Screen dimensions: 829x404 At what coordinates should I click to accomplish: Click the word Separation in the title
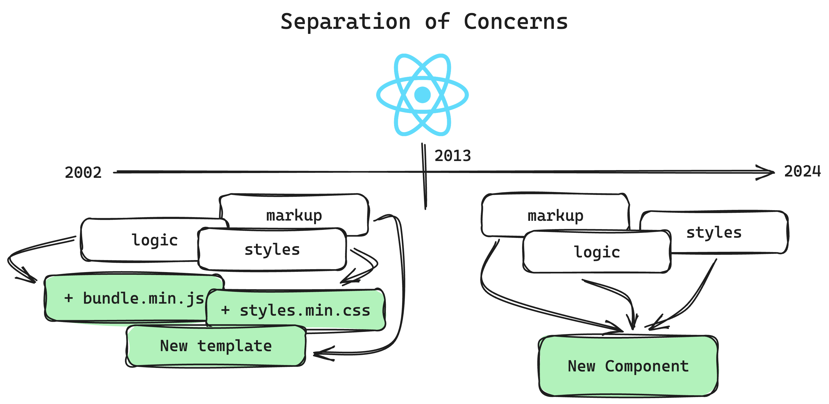(346, 22)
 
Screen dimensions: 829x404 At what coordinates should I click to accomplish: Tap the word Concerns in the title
(516, 22)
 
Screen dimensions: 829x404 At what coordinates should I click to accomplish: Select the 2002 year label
(83, 173)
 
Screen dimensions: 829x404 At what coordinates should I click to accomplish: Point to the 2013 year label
(453, 156)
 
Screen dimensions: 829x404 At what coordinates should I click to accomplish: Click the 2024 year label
(802, 171)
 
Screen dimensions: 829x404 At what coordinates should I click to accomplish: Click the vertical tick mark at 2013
(424, 176)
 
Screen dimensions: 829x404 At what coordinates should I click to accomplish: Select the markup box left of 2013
(294, 215)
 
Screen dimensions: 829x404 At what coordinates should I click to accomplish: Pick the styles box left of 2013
(272, 249)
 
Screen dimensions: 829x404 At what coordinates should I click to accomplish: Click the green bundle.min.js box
(134, 298)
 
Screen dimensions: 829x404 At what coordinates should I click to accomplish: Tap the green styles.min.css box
(296, 310)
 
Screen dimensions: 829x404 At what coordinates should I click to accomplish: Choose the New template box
(216, 346)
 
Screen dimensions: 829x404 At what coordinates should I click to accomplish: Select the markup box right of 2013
(555, 215)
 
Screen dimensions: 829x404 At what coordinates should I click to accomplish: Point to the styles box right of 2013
(714, 232)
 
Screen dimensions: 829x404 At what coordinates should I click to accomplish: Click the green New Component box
(628, 366)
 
